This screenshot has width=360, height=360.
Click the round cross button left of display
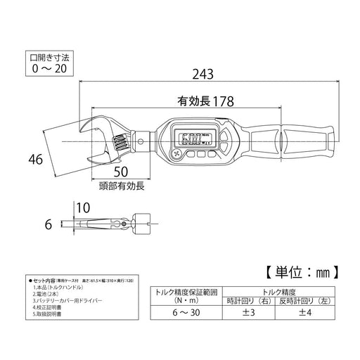pos(174,153)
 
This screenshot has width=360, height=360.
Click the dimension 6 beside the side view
pos(49,225)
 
